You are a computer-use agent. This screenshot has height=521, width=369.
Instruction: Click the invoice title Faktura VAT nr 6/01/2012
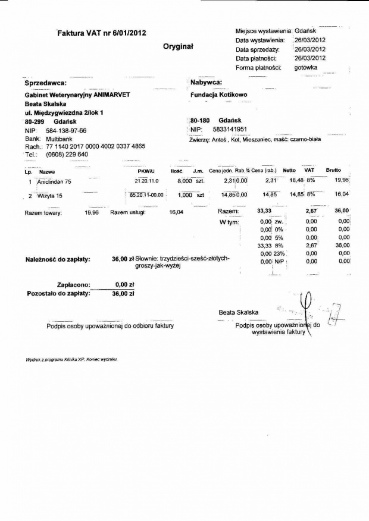coord(101,33)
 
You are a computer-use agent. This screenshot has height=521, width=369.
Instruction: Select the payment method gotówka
coord(305,68)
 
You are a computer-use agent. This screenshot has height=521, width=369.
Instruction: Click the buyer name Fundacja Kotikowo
coord(219,95)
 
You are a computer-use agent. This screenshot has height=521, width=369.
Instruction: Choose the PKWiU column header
coord(146,171)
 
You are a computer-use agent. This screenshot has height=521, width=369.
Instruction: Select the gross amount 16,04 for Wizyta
coord(342,194)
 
